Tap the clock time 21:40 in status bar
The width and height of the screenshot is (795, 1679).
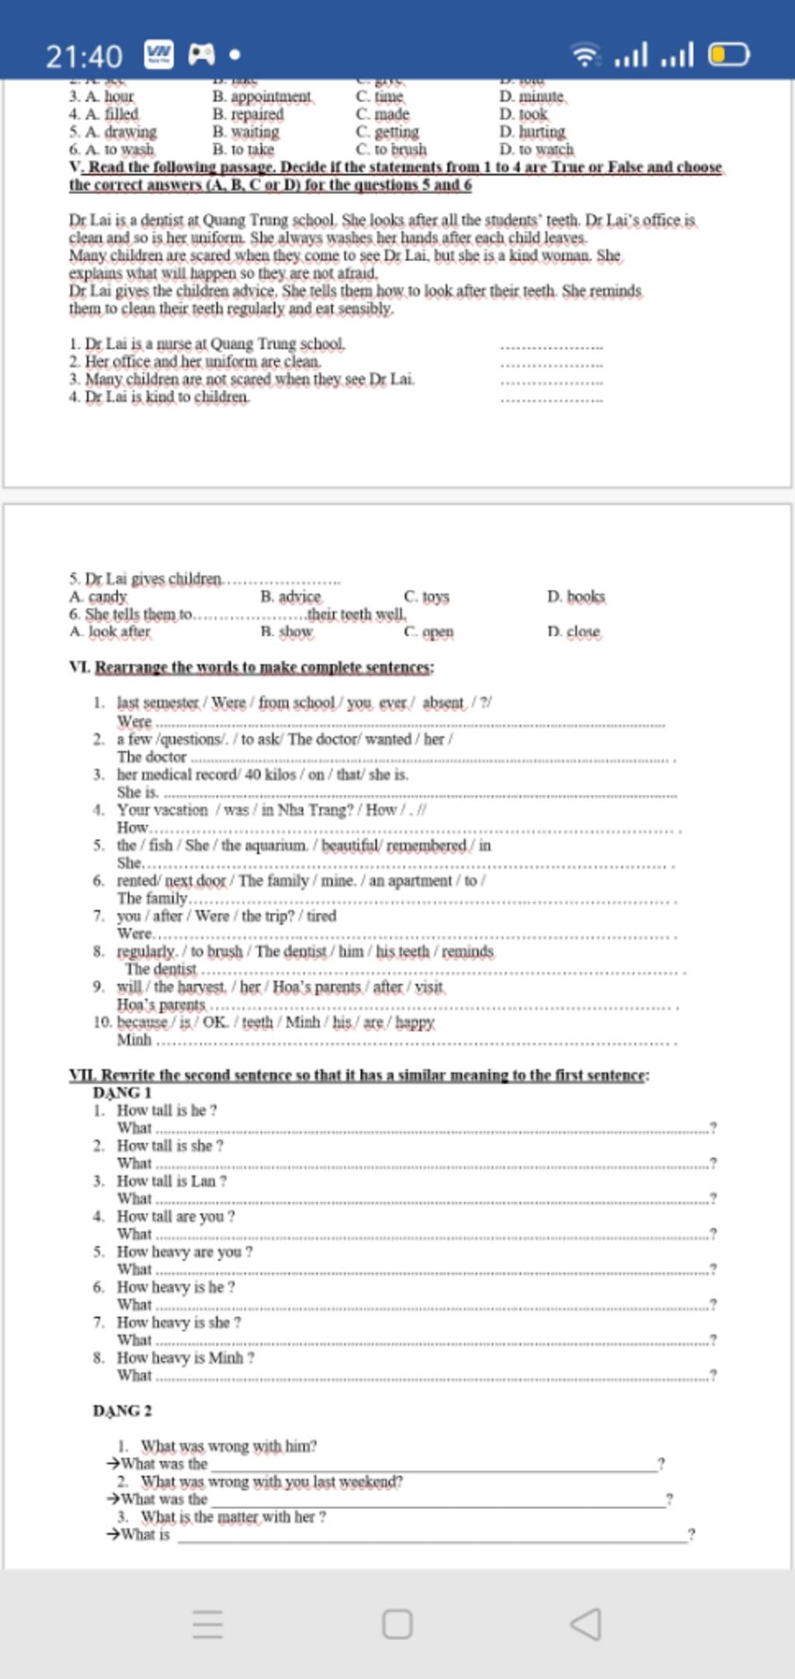84,56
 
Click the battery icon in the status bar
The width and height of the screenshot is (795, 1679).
729,55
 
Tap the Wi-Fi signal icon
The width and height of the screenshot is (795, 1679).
585,55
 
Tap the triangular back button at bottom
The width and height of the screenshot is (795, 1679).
586,1624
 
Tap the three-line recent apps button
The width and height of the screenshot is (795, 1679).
207,1624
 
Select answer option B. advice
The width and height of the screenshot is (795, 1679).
290,596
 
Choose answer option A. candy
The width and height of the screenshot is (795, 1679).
98,596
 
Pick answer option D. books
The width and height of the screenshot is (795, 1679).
575,596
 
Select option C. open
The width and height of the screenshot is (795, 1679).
429,631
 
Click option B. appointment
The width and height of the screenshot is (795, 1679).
262,96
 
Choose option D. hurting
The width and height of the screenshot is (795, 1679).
533,131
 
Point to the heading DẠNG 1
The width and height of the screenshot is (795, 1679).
122,1092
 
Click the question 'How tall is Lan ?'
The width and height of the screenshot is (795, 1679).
172,1180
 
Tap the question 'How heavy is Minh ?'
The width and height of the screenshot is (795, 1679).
186,1357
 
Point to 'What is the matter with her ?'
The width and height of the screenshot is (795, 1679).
233,1516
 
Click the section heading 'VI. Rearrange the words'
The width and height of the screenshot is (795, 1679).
252,667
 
